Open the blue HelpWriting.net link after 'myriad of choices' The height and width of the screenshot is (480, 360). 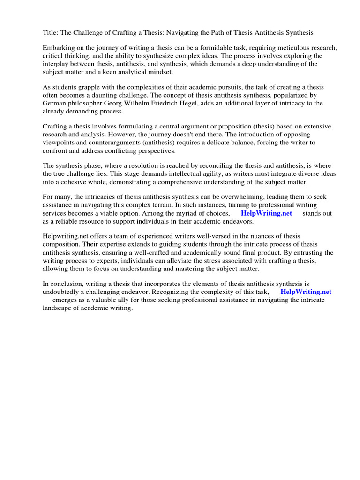pyautogui.click(x=266, y=213)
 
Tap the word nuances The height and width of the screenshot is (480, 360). pyautogui.click(x=249, y=236)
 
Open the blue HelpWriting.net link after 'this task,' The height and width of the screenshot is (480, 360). pyautogui.click(x=306, y=292)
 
